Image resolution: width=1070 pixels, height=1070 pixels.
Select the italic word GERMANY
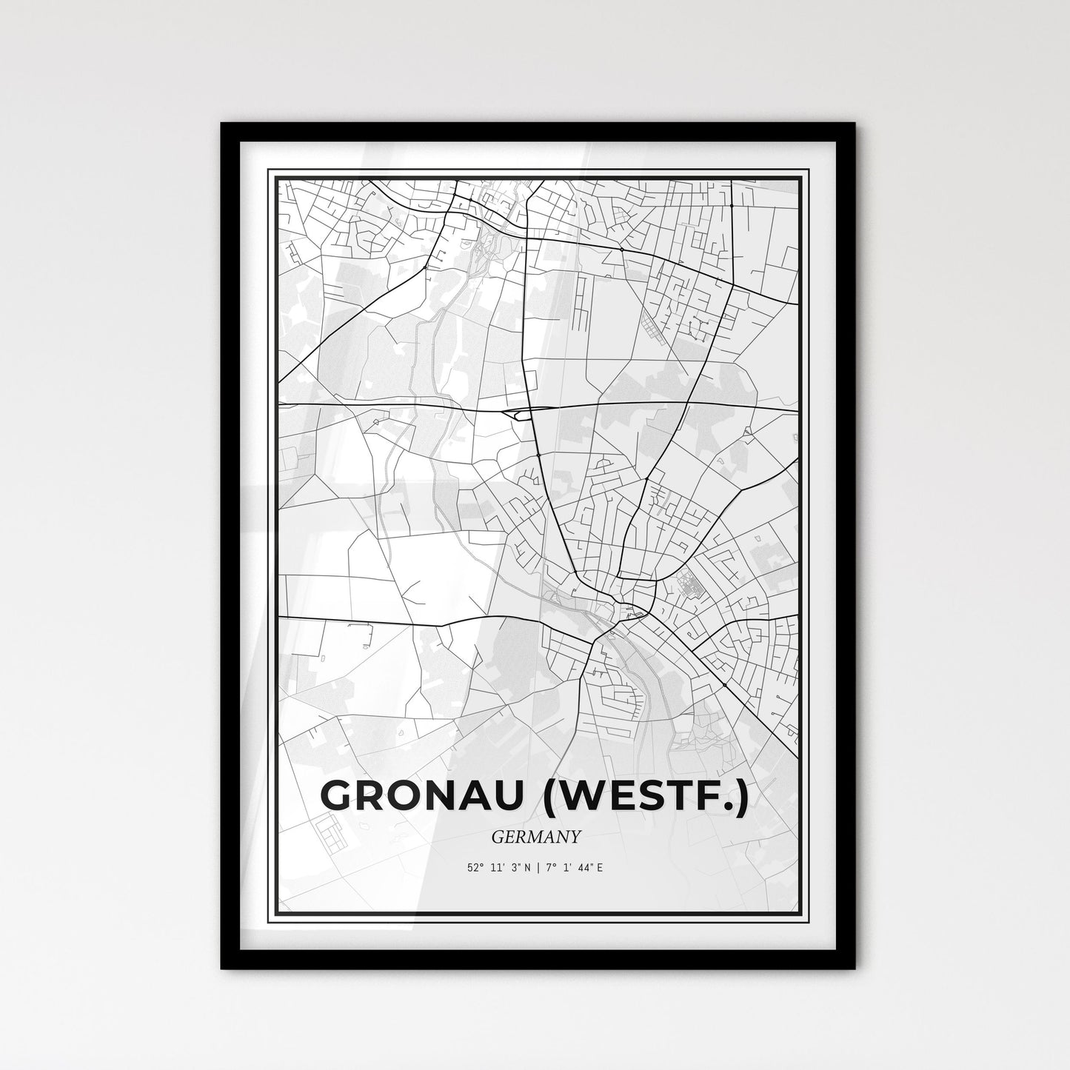[x=535, y=837]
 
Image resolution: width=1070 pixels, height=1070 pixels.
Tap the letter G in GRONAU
[x=337, y=796]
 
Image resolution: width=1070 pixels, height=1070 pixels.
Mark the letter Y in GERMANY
[x=575, y=837]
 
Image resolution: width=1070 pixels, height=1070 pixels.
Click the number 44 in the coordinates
[x=586, y=867]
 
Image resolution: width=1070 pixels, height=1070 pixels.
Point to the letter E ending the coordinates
[x=600, y=867]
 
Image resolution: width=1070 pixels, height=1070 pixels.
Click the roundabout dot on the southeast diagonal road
[x=723, y=685]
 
